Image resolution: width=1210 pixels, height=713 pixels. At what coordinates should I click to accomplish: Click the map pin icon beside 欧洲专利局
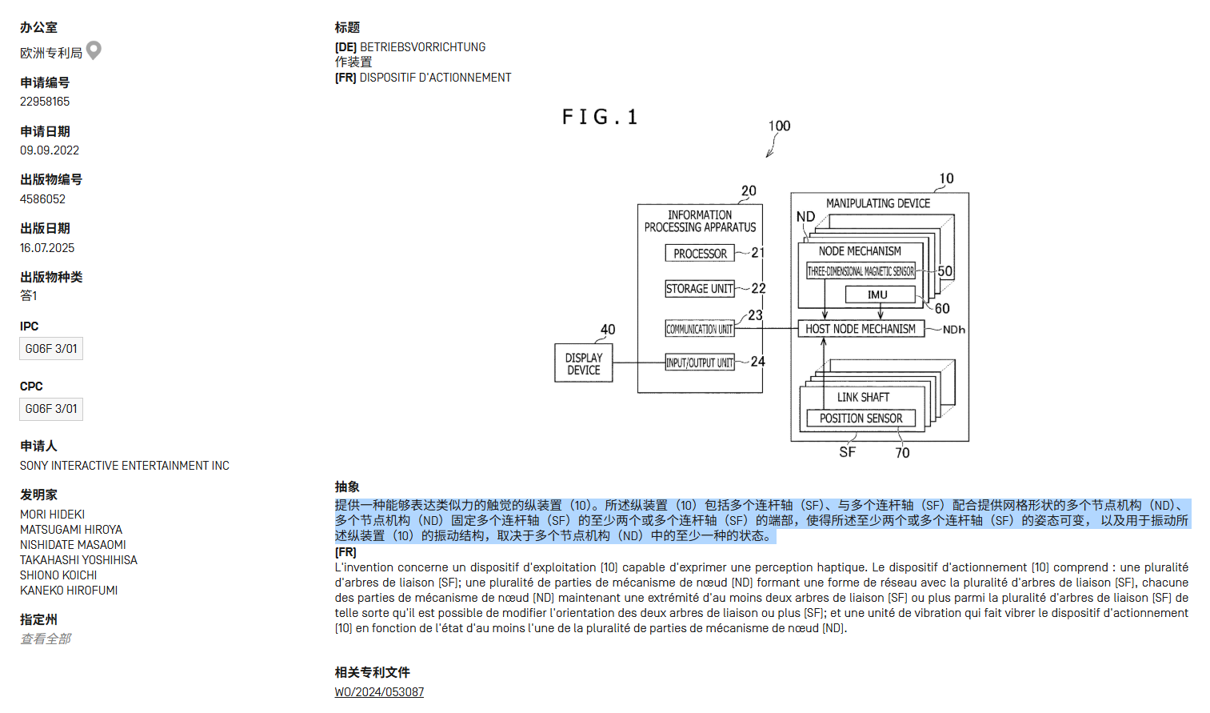pos(94,50)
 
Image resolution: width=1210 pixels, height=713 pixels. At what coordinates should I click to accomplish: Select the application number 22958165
pos(45,102)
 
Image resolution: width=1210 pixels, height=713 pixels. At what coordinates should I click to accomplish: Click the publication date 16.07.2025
pos(47,248)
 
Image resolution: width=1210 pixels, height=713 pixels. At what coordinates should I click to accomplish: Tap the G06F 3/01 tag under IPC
pos(51,349)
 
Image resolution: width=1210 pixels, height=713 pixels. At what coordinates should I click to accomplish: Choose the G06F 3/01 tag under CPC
pos(51,409)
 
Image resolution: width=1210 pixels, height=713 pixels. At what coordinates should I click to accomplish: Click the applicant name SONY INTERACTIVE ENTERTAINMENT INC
pos(125,466)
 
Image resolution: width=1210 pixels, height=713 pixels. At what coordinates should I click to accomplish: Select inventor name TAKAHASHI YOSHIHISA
pos(78,560)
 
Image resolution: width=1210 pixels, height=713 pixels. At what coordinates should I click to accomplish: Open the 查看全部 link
pos(46,639)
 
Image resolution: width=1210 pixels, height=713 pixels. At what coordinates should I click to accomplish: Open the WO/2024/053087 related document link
pos(379,692)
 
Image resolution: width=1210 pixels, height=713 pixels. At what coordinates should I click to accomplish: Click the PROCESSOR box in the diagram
pos(700,254)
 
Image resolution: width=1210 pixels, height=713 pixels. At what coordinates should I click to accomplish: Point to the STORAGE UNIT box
pos(700,289)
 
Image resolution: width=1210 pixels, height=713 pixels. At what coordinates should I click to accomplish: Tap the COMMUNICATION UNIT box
pos(700,329)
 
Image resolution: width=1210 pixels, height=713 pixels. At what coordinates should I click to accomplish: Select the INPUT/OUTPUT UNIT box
pos(700,363)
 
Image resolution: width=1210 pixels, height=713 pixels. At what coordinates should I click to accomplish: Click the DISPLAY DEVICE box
pos(584,363)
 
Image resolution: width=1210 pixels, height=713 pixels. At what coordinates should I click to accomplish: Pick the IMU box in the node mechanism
pos(879,294)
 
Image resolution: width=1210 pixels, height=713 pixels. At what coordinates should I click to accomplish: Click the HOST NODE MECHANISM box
pos(861,329)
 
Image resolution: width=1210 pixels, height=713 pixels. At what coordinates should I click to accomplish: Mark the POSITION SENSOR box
pos(861,419)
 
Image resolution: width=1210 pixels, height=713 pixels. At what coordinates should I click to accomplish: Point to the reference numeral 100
pos(779,126)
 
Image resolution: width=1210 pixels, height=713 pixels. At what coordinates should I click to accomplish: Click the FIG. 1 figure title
pos(600,118)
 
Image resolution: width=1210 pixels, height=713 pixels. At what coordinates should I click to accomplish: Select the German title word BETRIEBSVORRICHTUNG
pos(422,47)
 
